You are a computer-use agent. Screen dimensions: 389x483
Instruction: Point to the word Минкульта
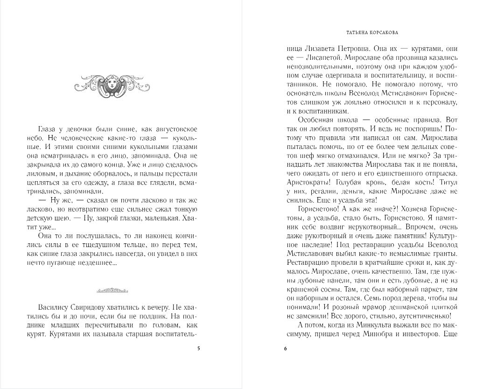click(364, 325)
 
